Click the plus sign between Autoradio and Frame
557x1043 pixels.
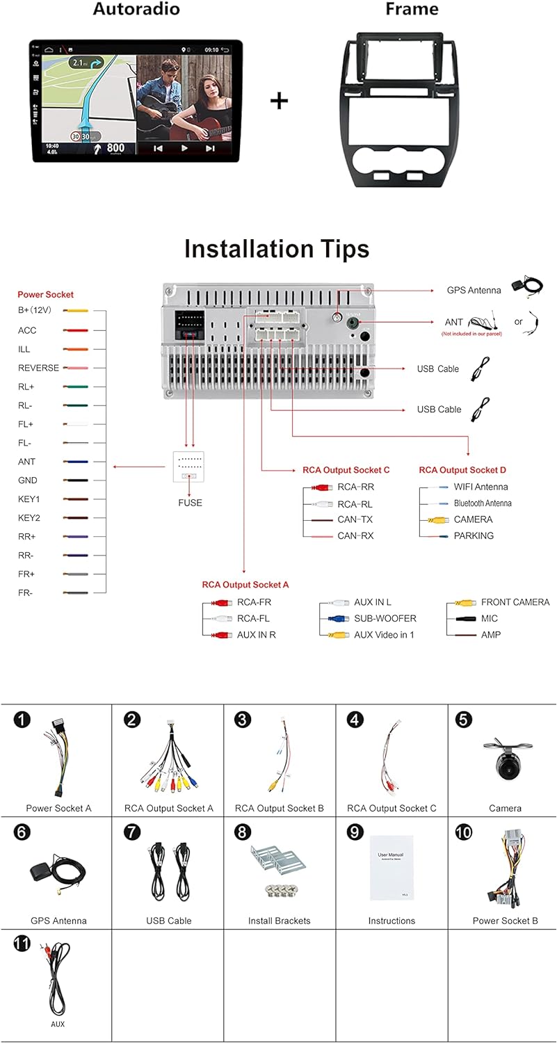[x=279, y=101]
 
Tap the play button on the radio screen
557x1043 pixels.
[x=184, y=148]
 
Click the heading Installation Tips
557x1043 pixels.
[x=277, y=249]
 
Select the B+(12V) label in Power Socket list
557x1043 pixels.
[x=35, y=310]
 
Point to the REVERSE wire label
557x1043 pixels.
[x=38, y=368]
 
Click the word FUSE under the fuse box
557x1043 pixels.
[x=190, y=502]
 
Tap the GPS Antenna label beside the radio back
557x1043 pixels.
[x=474, y=290]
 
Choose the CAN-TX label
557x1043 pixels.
[x=355, y=519]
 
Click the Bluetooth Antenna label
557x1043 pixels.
[x=483, y=503]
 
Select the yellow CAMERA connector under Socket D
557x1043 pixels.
[x=437, y=519]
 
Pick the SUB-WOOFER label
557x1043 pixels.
[x=385, y=618]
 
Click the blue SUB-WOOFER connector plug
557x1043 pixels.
[x=337, y=618]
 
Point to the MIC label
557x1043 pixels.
[x=490, y=618]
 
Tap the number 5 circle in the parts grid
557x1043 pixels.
[x=464, y=720]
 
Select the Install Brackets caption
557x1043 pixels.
[x=280, y=921]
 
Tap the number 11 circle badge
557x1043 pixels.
[x=22, y=944]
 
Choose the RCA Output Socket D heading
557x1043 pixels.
[x=462, y=470]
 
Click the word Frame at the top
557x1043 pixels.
[x=412, y=9]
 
